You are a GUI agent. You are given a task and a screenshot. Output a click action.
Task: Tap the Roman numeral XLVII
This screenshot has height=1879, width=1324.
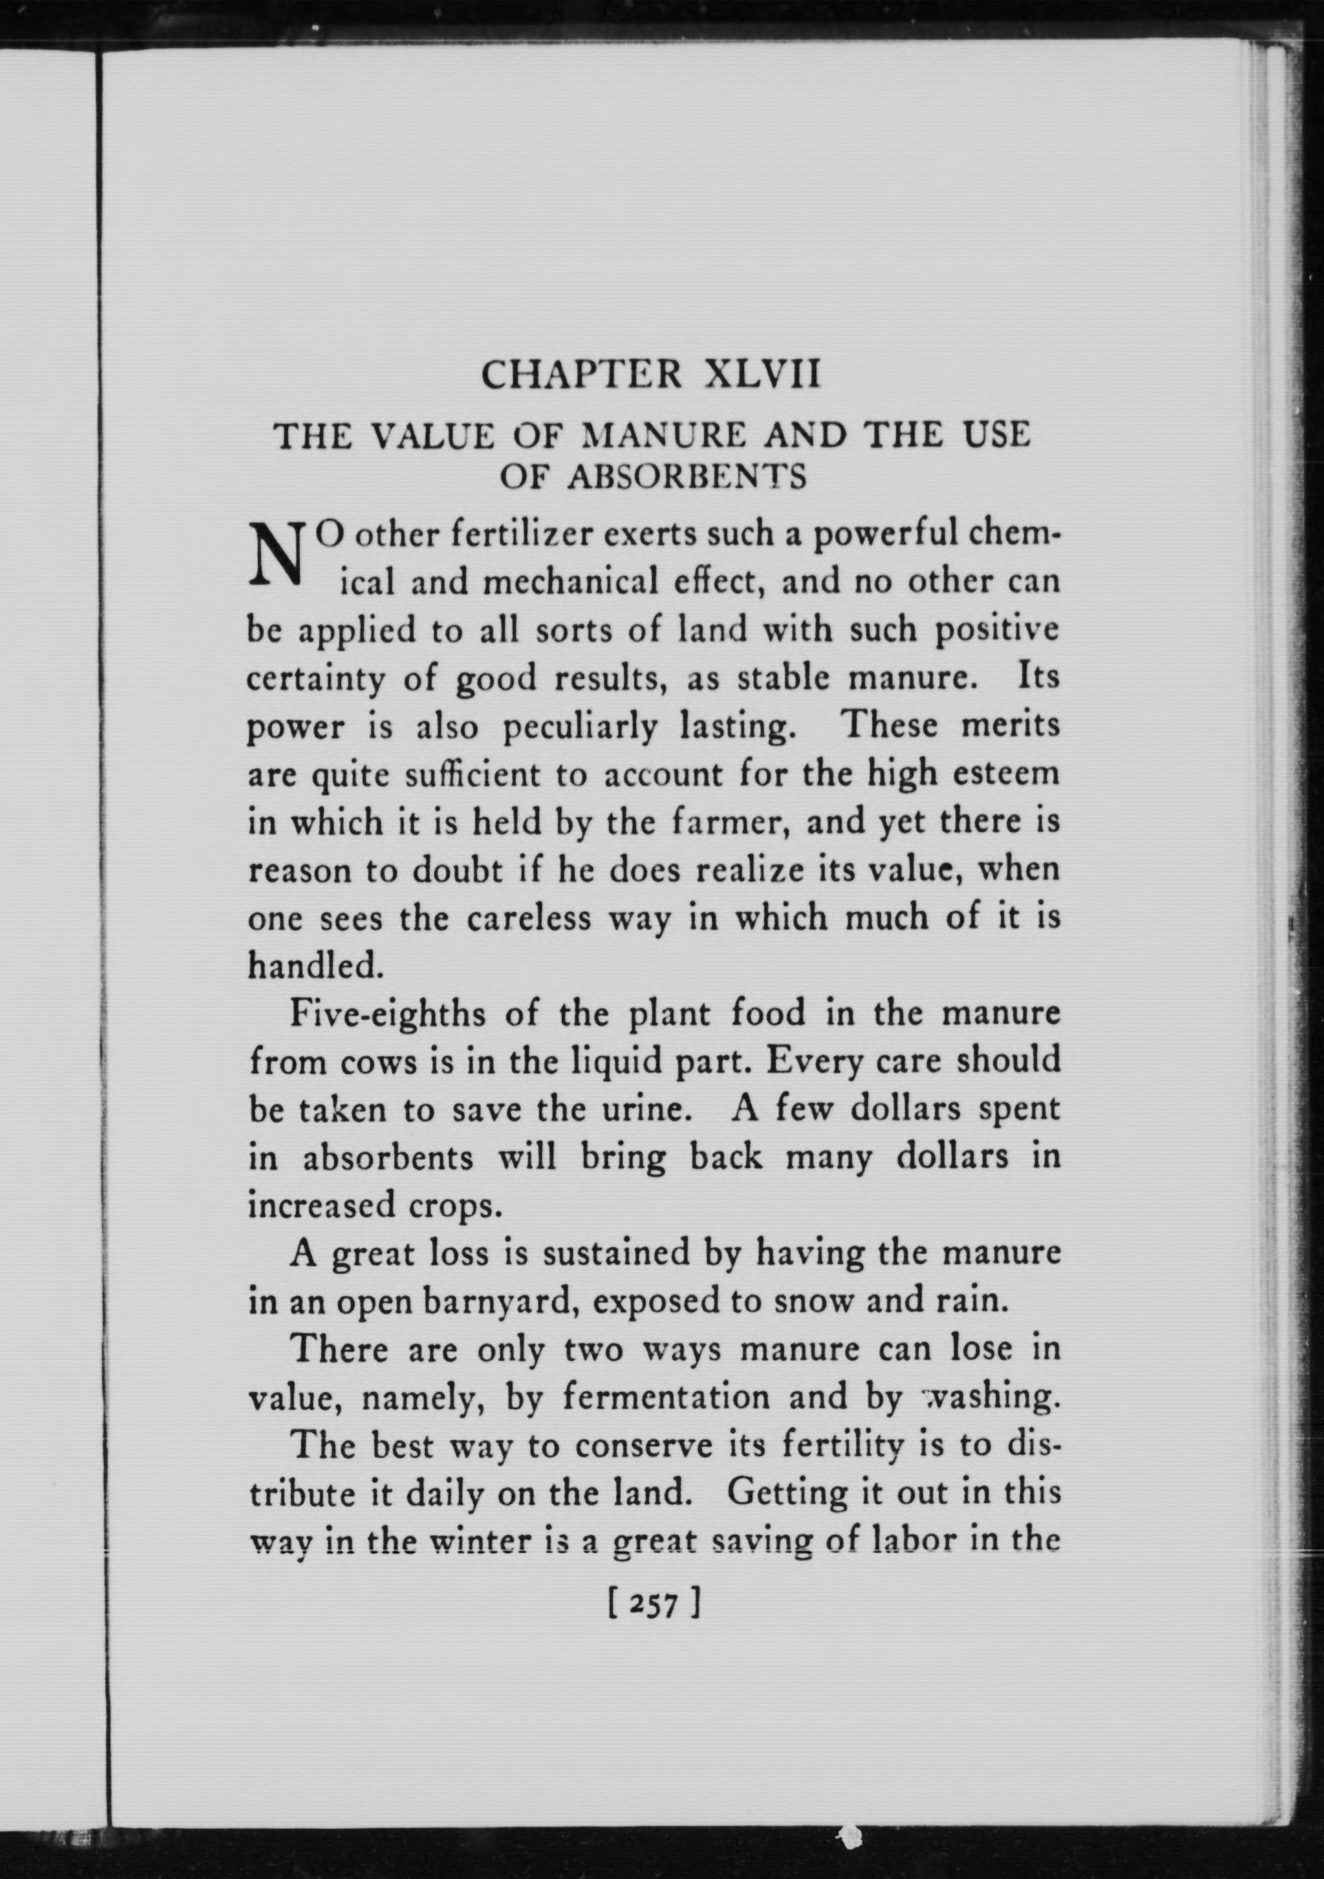[761, 376]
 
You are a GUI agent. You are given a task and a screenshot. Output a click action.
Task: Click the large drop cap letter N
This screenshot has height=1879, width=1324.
[274, 554]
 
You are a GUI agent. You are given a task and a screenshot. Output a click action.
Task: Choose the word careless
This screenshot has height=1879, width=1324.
[529, 919]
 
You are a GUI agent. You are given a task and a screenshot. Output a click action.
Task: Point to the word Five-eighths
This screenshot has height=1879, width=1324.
[388, 1016]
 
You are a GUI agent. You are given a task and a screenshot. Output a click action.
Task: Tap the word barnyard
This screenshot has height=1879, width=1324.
[497, 1302]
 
